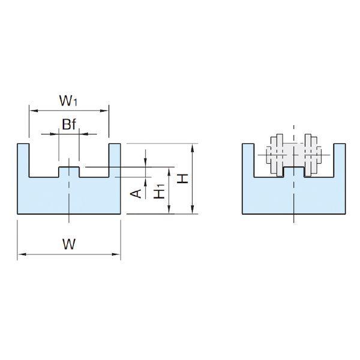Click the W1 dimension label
coord(68,101)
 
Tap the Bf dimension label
coord(69,124)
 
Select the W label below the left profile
coord(69,244)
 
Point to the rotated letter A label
coord(136,194)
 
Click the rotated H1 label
coord(159,191)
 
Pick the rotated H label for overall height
coord(183,179)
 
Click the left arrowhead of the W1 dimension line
coord(34,110)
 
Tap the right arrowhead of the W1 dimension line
coord(104,110)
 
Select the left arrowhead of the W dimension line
coord(22,254)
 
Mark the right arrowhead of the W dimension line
coord(116,254)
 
